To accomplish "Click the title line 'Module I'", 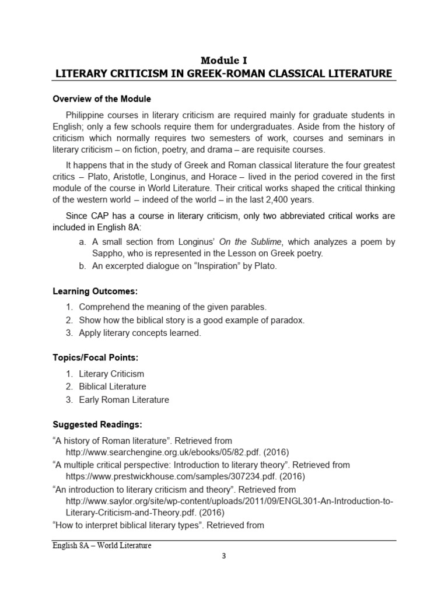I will (x=224, y=60).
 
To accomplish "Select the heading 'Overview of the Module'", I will (x=102, y=99).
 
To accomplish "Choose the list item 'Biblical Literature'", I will (x=112, y=387).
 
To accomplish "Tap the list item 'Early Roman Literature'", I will (x=124, y=400).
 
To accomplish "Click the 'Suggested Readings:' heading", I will (x=97, y=424).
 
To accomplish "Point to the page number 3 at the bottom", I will (x=223, y=556).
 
